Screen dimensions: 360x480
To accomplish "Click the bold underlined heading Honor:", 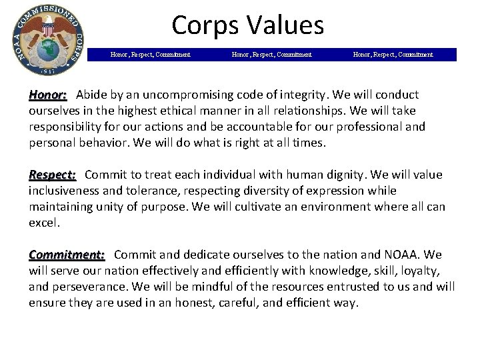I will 47,95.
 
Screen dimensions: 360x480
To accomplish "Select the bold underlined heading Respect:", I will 52,175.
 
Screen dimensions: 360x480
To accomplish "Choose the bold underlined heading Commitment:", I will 67,255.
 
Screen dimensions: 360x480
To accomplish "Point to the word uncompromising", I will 176,95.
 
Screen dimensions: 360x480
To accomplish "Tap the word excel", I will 43,223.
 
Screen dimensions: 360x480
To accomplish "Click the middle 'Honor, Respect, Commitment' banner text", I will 271,55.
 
